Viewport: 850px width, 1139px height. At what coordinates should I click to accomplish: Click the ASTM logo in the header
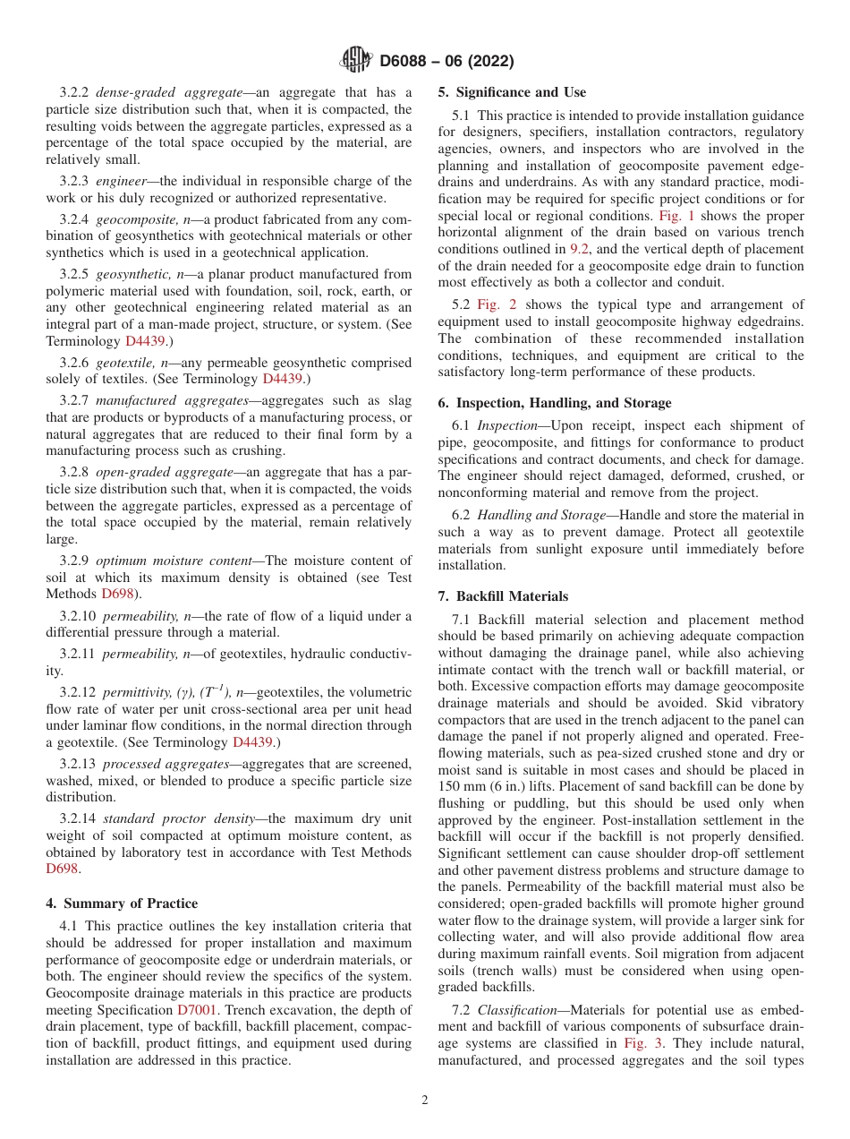pyautogui.click(x=356, y=60)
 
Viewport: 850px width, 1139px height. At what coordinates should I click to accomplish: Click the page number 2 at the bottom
pyautogui.click(x=425, y=1100)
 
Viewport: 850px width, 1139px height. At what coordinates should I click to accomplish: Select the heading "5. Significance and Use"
pyautogui.click(x=512, y=92)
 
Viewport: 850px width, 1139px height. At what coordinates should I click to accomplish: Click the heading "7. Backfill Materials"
pyautogui.click(x=503, y=596)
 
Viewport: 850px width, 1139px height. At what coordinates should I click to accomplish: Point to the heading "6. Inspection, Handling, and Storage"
pyautogui.click(x=555, y=403)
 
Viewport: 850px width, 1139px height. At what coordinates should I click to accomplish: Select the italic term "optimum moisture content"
pyautogui.click(x=174, y=561)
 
